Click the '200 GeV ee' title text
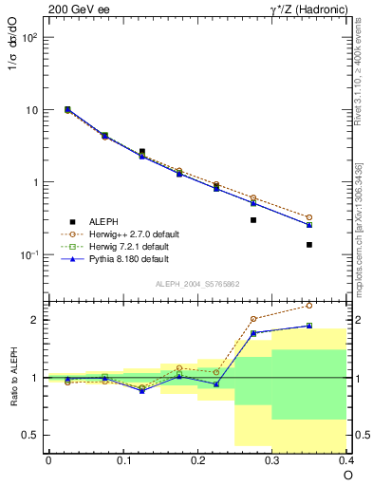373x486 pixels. click(x=78, y=9)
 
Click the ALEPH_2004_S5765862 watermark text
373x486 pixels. click(x=196, y=284)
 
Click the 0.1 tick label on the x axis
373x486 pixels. click(x=122, y=459)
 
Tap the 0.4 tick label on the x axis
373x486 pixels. click(x=346, y=459)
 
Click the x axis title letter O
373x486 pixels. click(x=347, y=475)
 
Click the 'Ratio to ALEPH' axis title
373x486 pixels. click(x=14, y=376)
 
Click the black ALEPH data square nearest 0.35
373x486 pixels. click(x=309, y=244)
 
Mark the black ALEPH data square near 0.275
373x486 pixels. click(x=253, y=219)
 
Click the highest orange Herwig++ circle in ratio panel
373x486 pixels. click(x=309, y=306)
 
